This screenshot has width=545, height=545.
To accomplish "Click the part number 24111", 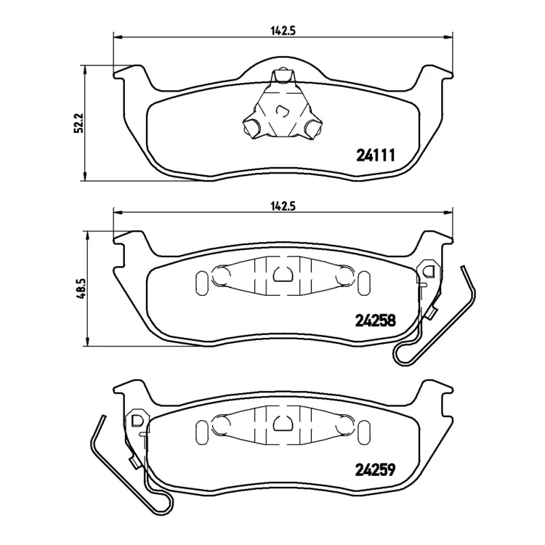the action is click(x=376, y=156).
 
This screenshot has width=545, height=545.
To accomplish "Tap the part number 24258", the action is click(x=376, y=320).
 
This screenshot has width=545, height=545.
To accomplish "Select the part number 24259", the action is click(x=376, y=470).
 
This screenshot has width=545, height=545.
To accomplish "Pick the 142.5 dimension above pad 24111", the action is click(x=283, y=31).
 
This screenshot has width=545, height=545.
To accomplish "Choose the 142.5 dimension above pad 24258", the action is click(x=283, y=206).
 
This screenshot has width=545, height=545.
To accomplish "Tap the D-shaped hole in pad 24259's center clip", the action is click(x=283, y=423).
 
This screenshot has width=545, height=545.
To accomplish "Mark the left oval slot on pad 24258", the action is click(x=201, y=279).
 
